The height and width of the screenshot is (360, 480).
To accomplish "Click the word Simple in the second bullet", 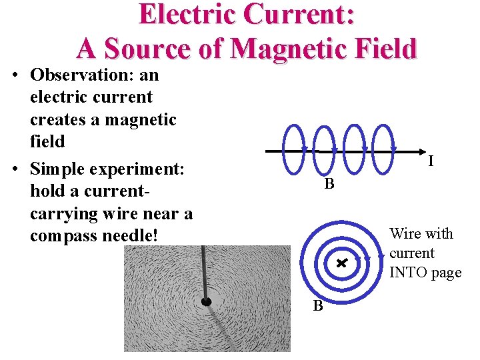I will tap(61, 169).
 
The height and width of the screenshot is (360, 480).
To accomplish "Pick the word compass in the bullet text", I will tap(64, 236).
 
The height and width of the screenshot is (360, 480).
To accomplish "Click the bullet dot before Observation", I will tap(15, 75).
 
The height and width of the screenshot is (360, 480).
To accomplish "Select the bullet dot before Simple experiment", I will tap(15, 169).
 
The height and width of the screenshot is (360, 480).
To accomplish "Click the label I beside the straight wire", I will tap(431, 161).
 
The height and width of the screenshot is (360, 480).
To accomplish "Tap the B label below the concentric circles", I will tap(318, 306).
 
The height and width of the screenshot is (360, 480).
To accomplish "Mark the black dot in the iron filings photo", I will tap(207, 302).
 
